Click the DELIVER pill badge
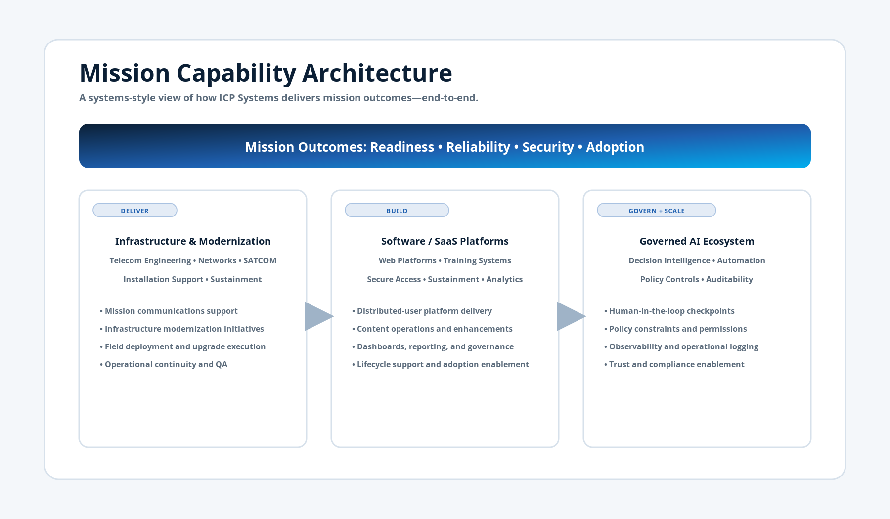pos(134,211)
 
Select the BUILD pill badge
pos(397,211)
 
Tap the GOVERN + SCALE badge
pos(656,211)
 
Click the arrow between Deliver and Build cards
pos(318,316)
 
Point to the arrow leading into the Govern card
pos(570,316)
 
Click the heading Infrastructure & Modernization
pos(193,241)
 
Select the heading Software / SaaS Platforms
pos(445,241)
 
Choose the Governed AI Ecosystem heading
pos(697,241)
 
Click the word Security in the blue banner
pos(548,147)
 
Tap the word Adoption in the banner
pos(615,147)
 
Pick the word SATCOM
pos(260,260)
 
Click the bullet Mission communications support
pos(171,311)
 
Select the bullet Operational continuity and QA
pos(166,364)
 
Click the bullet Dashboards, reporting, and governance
pos(435,346)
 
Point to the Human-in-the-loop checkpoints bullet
pos(671,311)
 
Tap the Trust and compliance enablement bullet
pos(676,364)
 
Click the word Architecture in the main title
pos(377,73)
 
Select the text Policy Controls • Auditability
pos(696,279)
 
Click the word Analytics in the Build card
pos(504,279)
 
